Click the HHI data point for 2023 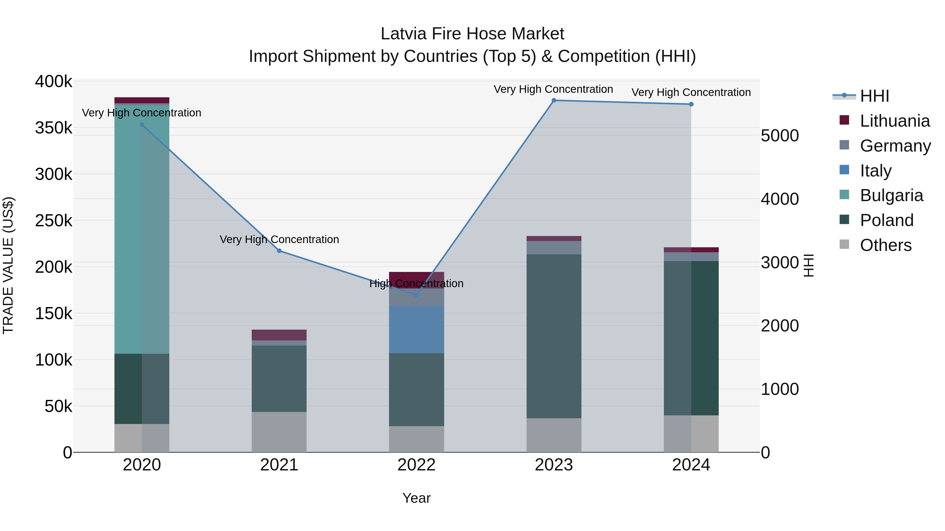(554, 100)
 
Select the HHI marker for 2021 (279, 251)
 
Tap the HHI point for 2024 (691, 104)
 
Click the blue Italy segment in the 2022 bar (416, 329)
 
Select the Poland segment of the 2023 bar (554, 336)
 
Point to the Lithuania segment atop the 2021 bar (279, 335)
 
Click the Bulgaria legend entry (891, 195)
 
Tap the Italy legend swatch (844, 170)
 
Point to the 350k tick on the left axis (54, 128)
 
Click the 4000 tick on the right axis (780, 199)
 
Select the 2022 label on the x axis (416, 465)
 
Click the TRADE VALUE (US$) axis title (8, 265)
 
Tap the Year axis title (416, 498)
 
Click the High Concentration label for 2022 (416, 284)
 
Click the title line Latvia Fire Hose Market (472, 34)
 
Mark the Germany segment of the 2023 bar (554, 248)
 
